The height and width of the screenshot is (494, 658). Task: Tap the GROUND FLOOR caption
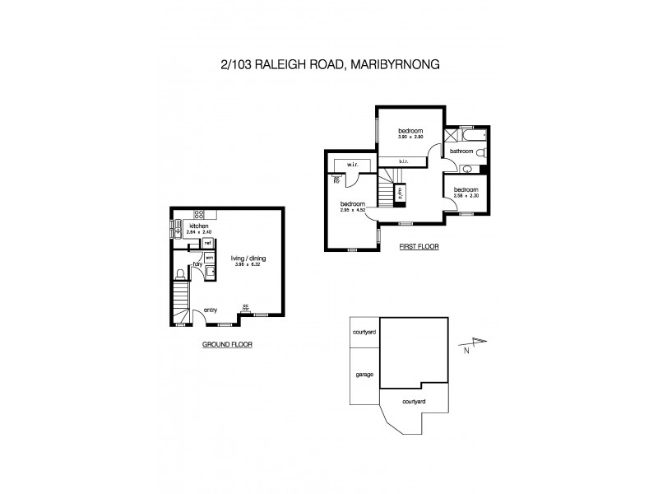click(x=227, y=345)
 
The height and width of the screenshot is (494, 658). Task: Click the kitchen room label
click(x=198, y=225)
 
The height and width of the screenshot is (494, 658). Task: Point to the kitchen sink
click(x=178, y=232)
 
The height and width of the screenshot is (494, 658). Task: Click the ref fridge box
click(x=208, y=244)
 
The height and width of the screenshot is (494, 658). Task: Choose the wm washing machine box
click(x=209, y=259)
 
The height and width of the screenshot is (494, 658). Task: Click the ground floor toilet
click(x=179, y=275)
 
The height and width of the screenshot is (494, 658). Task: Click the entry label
click(x=211, y=310)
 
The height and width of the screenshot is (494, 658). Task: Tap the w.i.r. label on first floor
click(x=352, y=165)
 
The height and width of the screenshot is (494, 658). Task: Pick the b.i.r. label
click(x=403, y=162)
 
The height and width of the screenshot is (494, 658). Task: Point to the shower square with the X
click(x=451, y=137)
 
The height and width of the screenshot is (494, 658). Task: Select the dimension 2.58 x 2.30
click(x=466, y=195)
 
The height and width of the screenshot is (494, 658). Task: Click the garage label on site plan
click(x=364, y=374)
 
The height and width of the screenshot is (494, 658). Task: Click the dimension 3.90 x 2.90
click(x=410, y=137)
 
